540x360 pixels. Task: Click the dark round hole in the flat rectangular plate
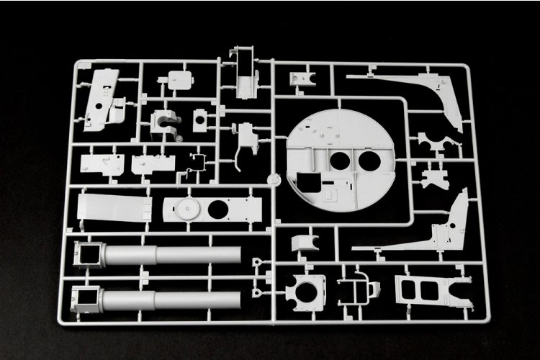point(217,210)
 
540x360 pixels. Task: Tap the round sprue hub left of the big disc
point(273,179)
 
